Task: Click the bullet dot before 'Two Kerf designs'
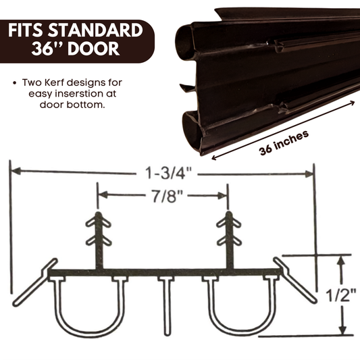tap(15, 83)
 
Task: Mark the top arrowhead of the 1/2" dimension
tap(343, 260)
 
